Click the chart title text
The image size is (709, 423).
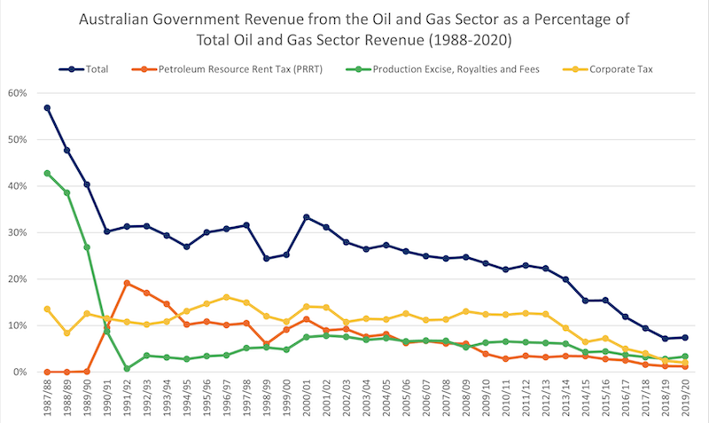[354, 28]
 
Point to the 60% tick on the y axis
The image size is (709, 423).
[18, 93]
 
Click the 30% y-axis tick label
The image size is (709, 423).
[18, 232]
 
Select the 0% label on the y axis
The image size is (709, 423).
[20, 372]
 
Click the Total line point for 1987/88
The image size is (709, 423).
[47, 108]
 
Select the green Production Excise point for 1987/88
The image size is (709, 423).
[47, 173]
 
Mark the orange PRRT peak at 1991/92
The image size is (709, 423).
[127, 283]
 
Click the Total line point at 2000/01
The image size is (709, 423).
[307, 217]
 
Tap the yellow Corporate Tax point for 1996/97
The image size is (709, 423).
[226, 297]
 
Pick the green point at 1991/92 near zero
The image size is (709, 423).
[127, 368]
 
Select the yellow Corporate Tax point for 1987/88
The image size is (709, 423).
[47, 309]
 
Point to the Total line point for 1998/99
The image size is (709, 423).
[266, 259]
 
